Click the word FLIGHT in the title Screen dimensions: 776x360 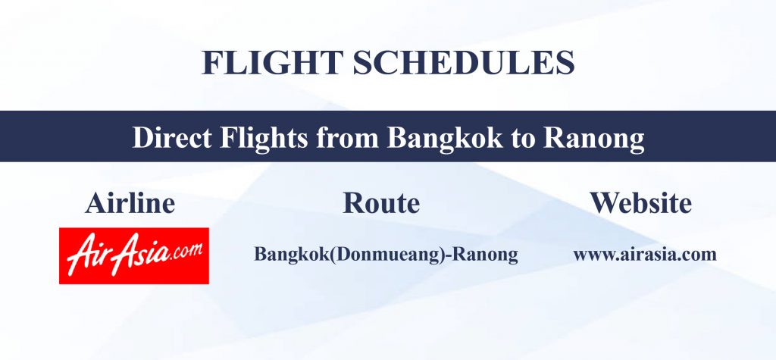pyautogui.click(x=272, y=62)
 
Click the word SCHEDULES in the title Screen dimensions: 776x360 pyautogui.click(x=464, y=62)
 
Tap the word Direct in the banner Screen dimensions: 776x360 pyautogui.click(x=172, y=138)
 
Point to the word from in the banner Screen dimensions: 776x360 pyautogui.click(x=347, y=138)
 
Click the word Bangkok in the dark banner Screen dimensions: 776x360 pyautogui.click(x=445, y=139)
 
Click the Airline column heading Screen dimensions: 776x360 pyautogui.click(x=130, y=203)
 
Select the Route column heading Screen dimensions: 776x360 pyautogui.click(x=381, y=203)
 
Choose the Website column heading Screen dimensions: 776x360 pyautogui.click(x=640, y=203)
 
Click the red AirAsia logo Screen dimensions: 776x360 pyautogui.click(x=134, y=255)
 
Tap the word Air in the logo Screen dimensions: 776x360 pyautogui.click(x=86, y=255)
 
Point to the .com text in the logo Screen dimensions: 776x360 pyautogui.click(x=186, y=250)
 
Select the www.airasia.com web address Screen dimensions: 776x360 pyautogui.click(x=645, y=254)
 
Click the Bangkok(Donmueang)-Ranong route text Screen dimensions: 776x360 pyautogui.click(x=386, y=255)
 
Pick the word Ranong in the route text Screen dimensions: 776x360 pyautogui.click(x=486, y=255)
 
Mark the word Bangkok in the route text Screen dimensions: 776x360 pyautogui.click(x=291, y=254)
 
